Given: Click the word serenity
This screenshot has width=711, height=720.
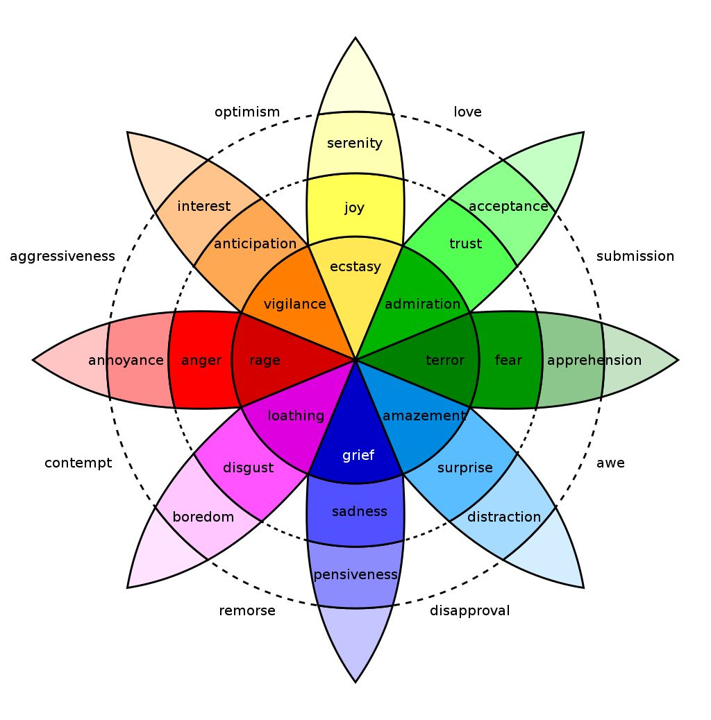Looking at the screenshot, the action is (354, 144).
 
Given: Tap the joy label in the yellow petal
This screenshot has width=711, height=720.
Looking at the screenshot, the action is (354, 208).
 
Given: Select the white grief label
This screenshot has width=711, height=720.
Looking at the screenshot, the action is (358, 456).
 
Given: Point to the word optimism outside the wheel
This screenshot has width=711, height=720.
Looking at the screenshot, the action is (247, 112).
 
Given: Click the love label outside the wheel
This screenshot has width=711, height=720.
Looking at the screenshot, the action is (467, 112).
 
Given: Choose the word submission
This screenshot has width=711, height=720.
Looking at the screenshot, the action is (635, 256).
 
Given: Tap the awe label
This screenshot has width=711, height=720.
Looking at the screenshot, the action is (610, 463).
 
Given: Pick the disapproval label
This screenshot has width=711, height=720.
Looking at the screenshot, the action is (469, 611).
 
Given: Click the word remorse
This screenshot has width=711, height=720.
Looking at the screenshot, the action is (247, 611).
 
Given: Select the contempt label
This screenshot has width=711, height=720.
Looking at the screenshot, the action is (78, 463).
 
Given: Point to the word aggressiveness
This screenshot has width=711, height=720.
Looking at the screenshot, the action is (62, 257).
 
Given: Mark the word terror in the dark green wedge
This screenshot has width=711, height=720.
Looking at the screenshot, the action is (445, 361).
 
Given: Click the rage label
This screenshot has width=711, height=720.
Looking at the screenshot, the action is (265, 361).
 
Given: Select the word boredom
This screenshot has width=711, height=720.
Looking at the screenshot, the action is (203, 517).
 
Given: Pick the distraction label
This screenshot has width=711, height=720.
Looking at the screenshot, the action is (503, 517).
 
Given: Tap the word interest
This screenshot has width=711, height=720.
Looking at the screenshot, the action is (203, 207).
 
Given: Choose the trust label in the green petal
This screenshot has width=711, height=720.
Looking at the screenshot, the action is (466, 244).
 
